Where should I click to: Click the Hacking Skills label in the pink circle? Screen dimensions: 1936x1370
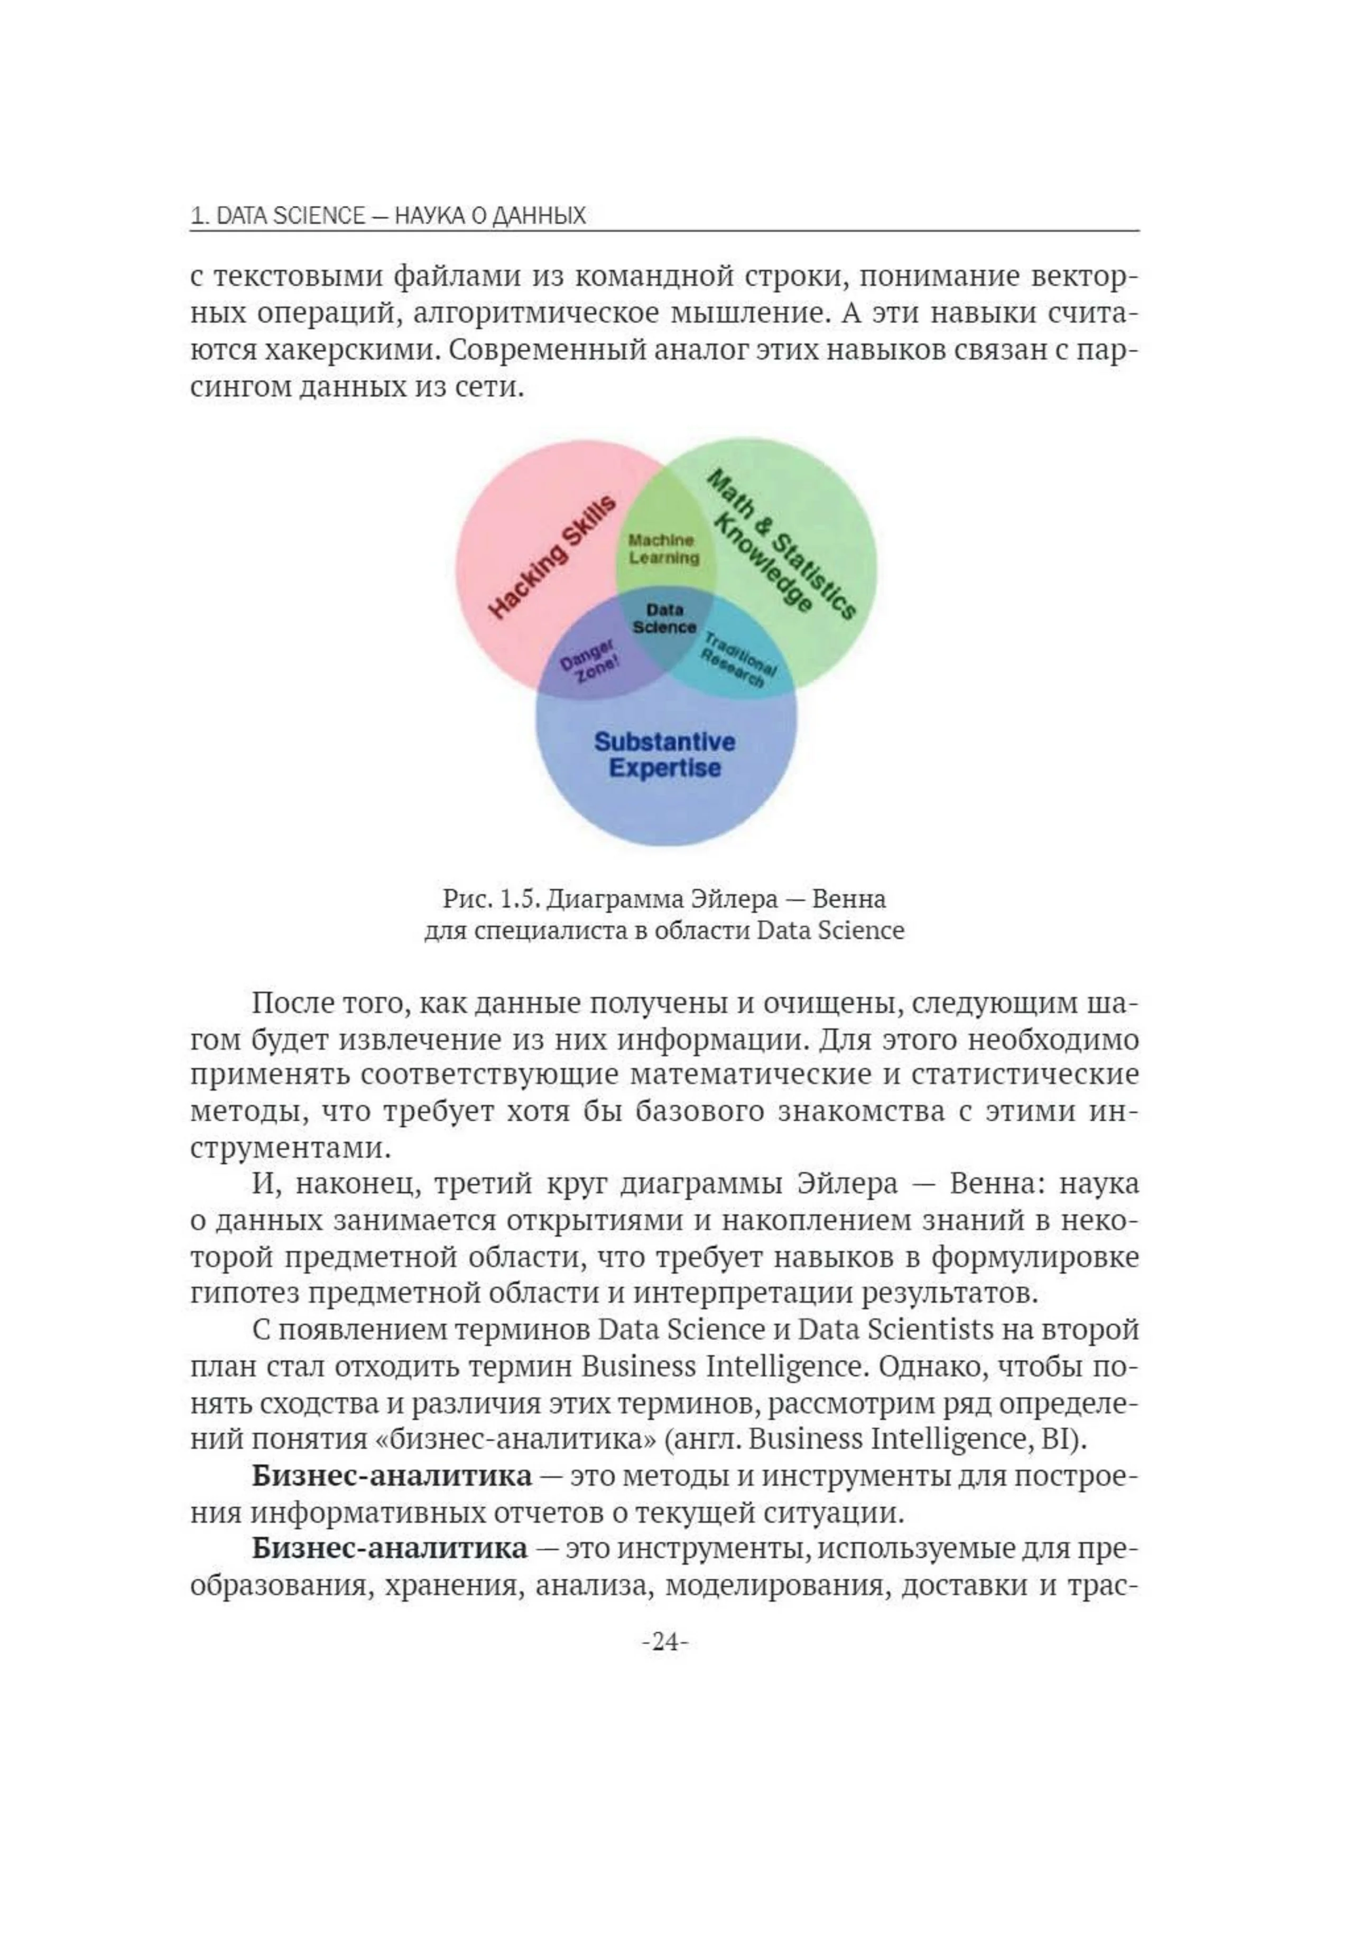point(552,557)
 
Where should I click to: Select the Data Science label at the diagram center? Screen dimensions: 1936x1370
point(665,618)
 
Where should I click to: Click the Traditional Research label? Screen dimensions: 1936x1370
point(740,659)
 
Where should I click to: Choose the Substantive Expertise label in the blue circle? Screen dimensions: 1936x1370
point(665,755)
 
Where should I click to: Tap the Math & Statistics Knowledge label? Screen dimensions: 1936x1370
point(772,546)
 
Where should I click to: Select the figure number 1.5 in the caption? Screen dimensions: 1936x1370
point(517,899)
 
